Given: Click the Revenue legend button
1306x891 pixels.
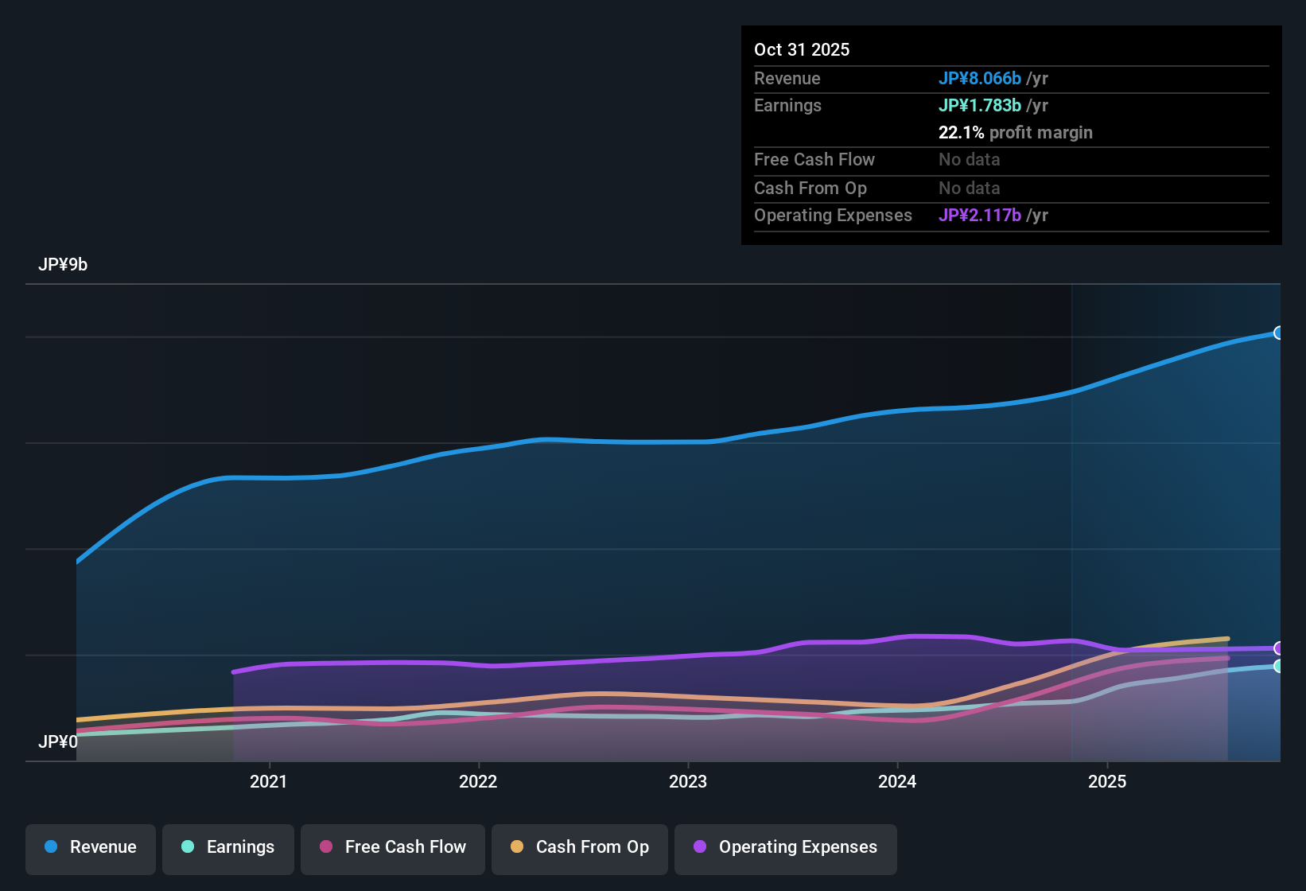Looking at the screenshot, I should [x=91, y=847].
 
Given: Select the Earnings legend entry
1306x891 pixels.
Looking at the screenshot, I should [x=228, y=847].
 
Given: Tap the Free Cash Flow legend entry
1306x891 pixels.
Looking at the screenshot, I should [x=393, y=847].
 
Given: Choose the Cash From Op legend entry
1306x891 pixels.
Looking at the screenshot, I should [x=580, y=847].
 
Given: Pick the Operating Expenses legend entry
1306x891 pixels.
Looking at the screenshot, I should [x=786, y=847].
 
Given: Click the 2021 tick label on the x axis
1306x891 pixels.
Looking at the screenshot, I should [x=268, y=782].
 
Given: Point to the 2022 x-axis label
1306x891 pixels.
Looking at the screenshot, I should [x=478, y=782].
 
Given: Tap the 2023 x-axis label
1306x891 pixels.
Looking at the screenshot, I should [x=688, y=782].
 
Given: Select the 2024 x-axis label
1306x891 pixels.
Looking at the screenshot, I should [x=897, y=782].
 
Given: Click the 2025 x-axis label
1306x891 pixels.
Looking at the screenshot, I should [x=1107, y=782].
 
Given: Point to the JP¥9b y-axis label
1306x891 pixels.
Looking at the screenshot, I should [x=63, y=265].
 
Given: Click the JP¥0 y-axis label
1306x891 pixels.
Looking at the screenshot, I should [x=58, y=742].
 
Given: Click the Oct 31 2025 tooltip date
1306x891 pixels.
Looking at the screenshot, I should [x=802, y=50].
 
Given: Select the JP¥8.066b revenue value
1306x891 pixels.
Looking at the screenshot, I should [x=979, y=79].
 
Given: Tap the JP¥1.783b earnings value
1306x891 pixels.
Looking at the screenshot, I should [x=979, y=106].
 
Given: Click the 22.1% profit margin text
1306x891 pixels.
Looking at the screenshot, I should [x=1015, y=133].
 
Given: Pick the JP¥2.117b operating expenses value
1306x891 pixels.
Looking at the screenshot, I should [x=979, y=216].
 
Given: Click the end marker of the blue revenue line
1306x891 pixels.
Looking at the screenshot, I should [x=1278, y=333].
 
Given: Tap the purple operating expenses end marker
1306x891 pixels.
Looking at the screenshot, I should [x=1278, y=648].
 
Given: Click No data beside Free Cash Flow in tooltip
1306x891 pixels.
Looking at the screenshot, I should [x=969, y=160].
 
